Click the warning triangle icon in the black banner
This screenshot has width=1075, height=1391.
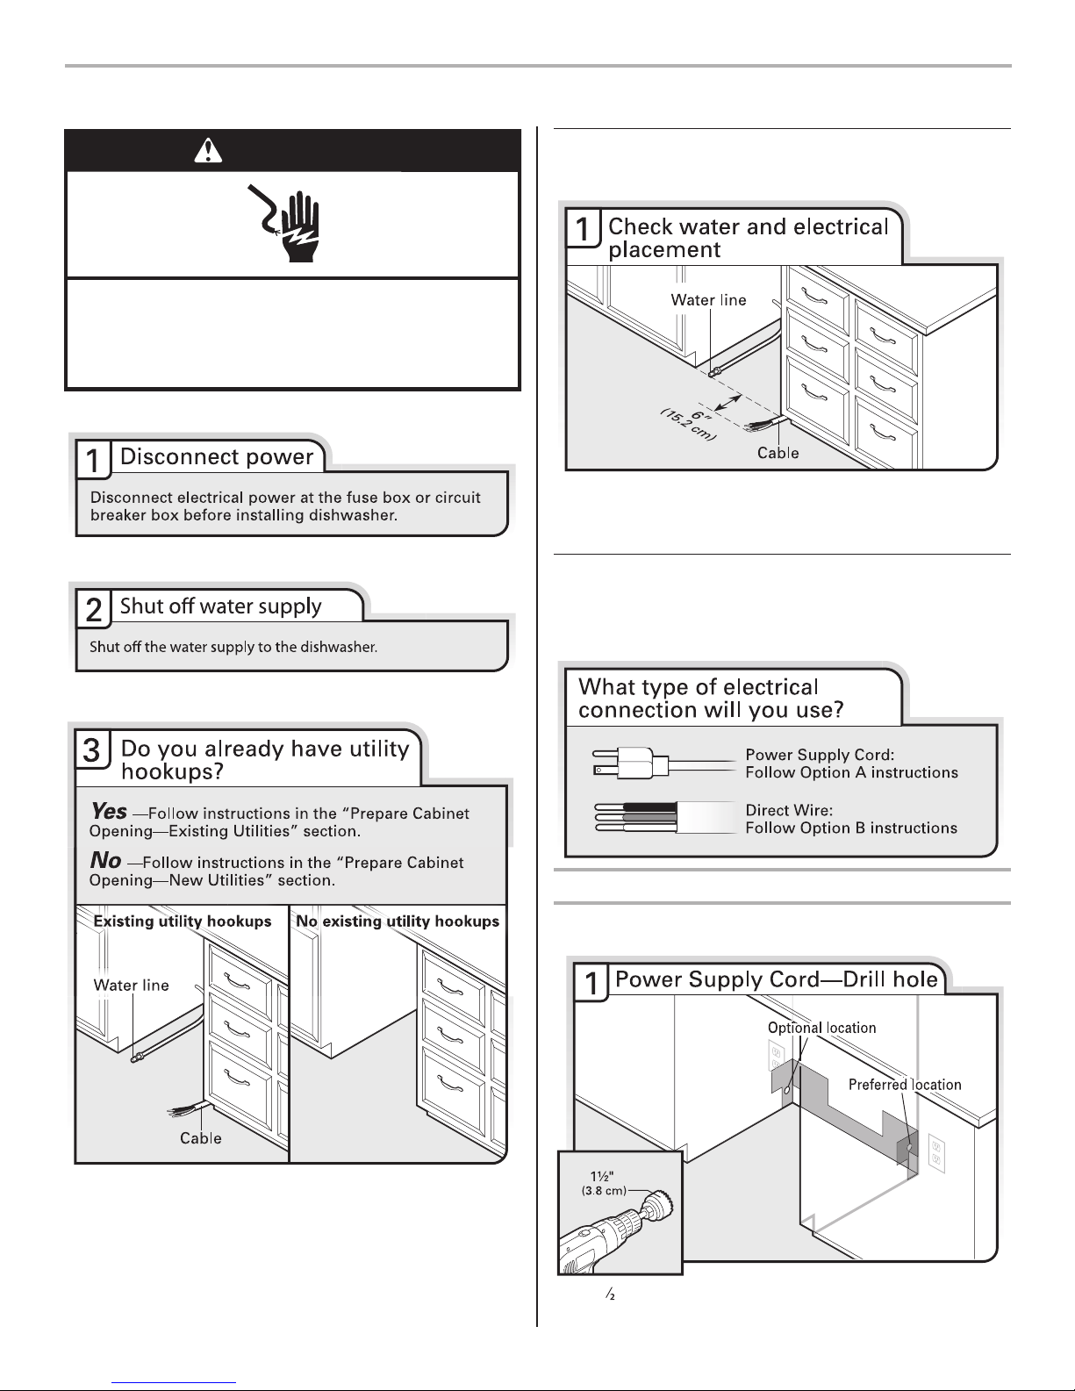point(207,152)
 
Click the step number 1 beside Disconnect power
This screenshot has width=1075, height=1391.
point(92,460)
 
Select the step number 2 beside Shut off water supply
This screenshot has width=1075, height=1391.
point(93,610)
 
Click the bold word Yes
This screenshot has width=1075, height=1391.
point(109,812)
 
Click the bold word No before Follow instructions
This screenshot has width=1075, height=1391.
point(105,861)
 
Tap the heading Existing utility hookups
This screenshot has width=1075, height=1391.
point(183,921)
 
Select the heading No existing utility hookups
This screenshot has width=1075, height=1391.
point(398,921)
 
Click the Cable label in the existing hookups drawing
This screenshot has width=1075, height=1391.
point(201,1138)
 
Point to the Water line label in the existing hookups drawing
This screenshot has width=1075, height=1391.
point(132,986)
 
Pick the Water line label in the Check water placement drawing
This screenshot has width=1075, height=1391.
point(708,300)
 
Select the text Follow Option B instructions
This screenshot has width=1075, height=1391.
point(851,828)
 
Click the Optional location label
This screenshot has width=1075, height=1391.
point(821,1028)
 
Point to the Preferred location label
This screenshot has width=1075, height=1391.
point(905,1085)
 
